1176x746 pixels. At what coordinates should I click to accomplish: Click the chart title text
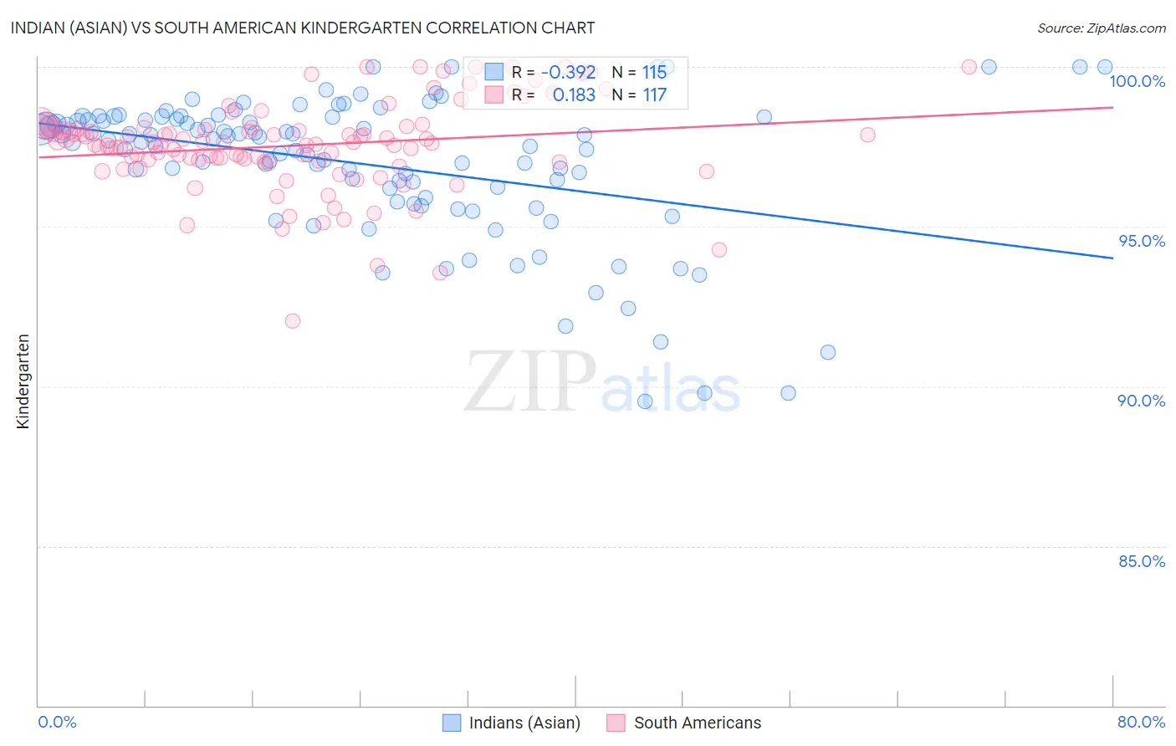click(303, 28)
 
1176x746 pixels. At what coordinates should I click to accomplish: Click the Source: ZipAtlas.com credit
click(1101, 28)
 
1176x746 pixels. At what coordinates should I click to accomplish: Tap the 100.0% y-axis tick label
click(1137, 81)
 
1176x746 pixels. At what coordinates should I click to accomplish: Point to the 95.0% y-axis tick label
click(1142, 241)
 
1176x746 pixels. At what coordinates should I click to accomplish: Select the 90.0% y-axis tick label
click(1141, 401)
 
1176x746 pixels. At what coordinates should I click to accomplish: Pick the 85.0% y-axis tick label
click(1142, 561)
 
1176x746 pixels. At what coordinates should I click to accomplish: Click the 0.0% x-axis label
click(57, 722)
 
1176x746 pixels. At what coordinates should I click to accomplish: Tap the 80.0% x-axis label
click(1141, 722)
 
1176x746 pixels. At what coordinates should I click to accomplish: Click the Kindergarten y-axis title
click(23, 381)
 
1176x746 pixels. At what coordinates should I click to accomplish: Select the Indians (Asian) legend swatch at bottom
click(452, 723)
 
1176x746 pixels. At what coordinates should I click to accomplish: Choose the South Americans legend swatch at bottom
click(616, 723)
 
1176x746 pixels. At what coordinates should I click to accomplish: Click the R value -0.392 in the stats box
click(568, 72)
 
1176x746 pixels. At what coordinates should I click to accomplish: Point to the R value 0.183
click(574, 95)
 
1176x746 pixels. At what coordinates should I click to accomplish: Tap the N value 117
click(654, 95)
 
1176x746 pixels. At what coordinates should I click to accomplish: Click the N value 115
click(654, 72)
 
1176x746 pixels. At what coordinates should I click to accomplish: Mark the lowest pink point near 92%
click(292, 321)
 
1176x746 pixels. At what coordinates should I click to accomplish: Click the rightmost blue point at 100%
click(1105, 67)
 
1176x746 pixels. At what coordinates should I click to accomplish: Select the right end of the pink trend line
click(1112, 107)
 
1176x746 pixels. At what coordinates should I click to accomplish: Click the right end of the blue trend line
click(1112, 258)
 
